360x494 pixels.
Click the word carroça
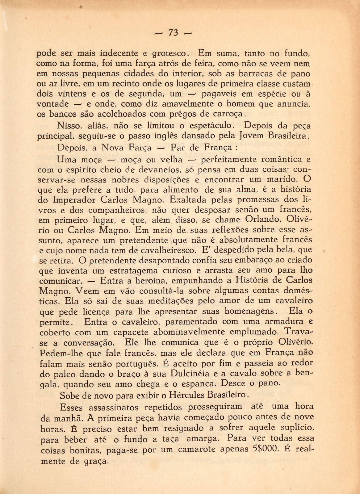[x=228, y=114]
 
